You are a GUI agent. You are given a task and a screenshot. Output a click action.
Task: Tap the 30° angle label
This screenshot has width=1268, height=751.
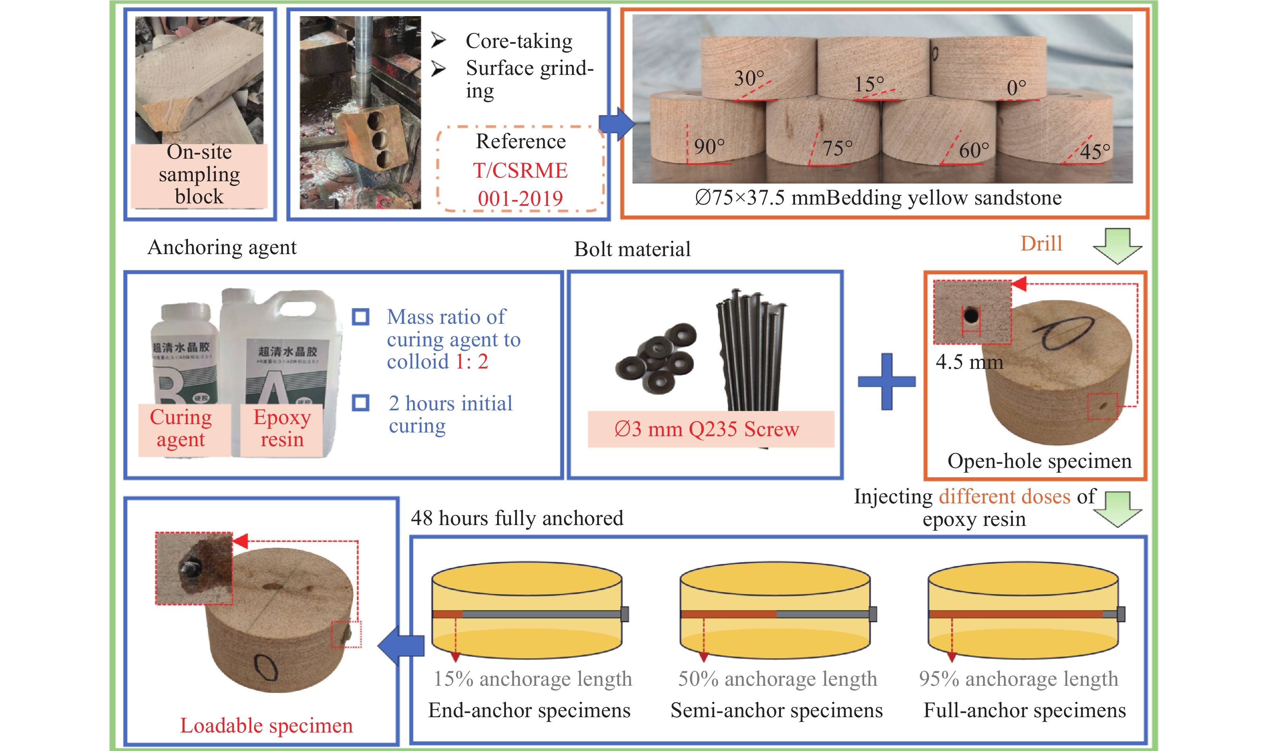(749, 79)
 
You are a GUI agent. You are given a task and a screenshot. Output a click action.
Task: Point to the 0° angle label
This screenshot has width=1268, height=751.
(1016, 87)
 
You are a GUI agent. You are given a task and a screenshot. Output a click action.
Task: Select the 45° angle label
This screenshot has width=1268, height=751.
(1095, 151)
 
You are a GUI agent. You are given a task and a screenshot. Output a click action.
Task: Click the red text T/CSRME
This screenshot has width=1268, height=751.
(520, 171)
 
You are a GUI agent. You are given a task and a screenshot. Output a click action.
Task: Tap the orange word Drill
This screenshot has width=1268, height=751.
(1041, 244)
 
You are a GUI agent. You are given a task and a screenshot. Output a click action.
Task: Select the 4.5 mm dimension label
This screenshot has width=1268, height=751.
(969, 362)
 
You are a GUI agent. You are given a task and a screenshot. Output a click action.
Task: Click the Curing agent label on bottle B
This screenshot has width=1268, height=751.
(181, 428)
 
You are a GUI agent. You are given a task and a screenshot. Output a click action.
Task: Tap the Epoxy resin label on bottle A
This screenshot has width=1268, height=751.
(282, 428)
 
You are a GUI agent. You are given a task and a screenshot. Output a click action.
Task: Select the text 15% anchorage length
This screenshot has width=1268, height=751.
(533, 679)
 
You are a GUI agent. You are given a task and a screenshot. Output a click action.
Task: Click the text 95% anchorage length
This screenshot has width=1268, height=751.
(1018, 679)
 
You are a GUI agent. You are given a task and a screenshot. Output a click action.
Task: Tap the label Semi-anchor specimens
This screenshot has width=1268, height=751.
(776, 710)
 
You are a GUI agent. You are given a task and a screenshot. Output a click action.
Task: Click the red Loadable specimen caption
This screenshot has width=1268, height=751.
(266, 726)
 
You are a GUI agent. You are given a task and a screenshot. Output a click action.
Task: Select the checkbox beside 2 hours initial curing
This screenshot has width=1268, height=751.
(361, 403)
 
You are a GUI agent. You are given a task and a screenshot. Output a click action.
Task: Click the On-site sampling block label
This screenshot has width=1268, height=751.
(199, 174)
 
